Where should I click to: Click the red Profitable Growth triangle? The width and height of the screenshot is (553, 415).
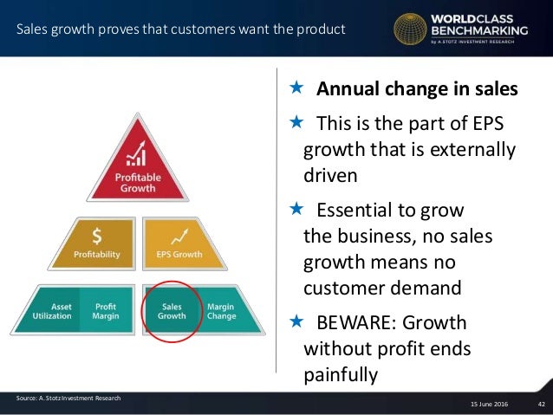137,169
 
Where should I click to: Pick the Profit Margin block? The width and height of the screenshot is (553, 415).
105,309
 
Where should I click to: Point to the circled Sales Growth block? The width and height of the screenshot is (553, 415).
172,309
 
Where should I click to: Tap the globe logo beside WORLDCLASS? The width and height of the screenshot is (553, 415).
410,28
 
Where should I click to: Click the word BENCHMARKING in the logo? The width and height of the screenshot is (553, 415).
478,31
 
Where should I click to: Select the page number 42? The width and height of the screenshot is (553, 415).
541,404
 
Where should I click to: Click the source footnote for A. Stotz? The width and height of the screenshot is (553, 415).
68,398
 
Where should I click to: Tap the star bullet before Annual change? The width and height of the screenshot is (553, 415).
296,88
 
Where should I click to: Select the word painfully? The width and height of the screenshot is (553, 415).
341,375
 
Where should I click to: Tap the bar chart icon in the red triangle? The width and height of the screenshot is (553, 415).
136,155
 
